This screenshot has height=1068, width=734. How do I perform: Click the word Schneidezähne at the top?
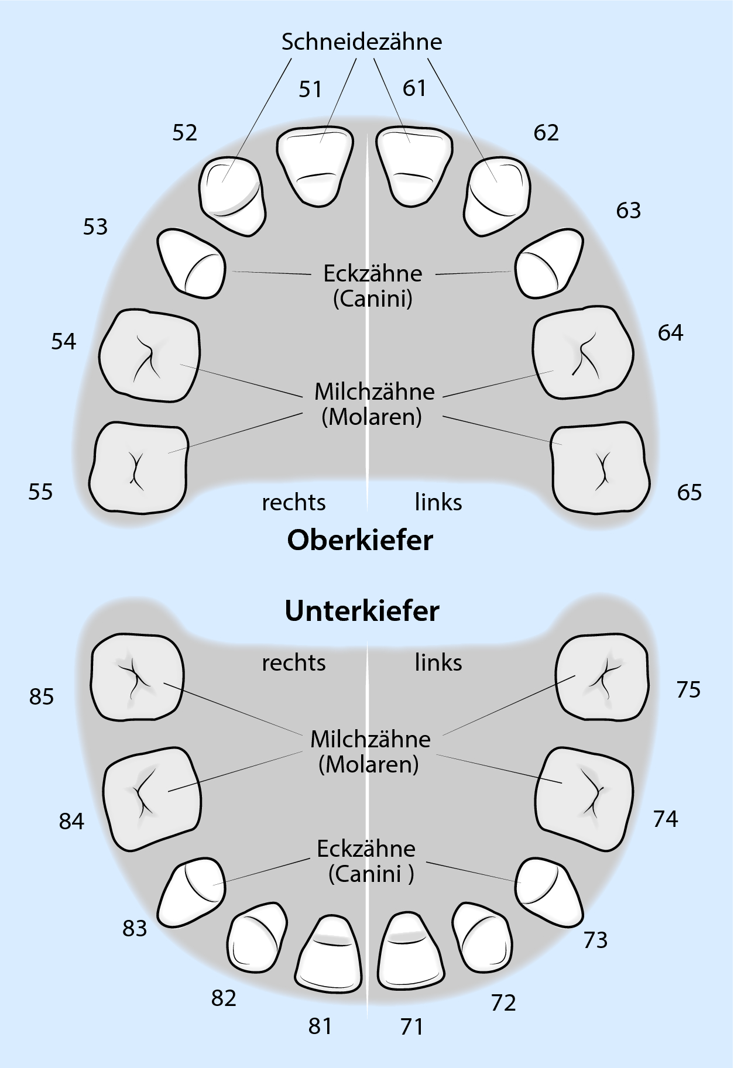361,42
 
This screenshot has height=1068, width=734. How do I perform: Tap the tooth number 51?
310,90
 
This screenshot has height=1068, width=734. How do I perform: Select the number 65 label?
689,493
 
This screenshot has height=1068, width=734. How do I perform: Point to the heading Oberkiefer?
360,540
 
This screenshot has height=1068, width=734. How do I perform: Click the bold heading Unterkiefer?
362,611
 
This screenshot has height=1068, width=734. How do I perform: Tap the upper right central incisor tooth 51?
315,165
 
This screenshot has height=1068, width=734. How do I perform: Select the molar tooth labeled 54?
149,356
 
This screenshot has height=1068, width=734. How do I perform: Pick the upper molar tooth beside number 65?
601,468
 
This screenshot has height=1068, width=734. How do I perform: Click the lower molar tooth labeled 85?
137,676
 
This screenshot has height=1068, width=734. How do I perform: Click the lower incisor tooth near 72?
482,937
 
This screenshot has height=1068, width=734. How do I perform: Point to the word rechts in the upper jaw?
293,503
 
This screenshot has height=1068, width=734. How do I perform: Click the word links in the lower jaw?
438,663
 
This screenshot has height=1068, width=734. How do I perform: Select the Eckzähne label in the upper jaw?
373,274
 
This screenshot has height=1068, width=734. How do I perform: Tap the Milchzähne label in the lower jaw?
370,740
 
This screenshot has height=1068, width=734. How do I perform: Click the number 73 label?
595,940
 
